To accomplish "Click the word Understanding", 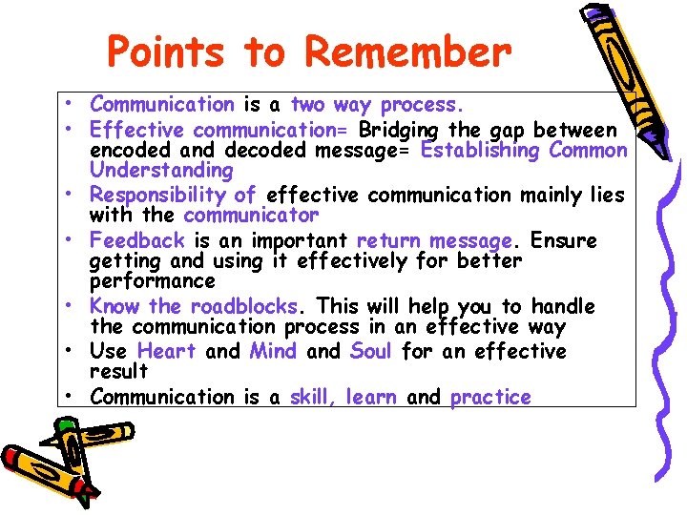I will click(x=160, y=171).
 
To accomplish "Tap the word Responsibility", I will click(x=160, y=196).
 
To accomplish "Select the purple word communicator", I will click(x=251, y=216).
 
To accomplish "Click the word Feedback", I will click(x=136, y=240).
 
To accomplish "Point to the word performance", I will click(x=152, y=281).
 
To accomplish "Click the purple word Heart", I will click(x=166, y=351).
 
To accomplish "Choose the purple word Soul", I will click(x=371, y=351).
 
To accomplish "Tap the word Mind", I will click(x=273, y=351).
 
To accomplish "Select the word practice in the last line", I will click(x=490, y=397).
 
